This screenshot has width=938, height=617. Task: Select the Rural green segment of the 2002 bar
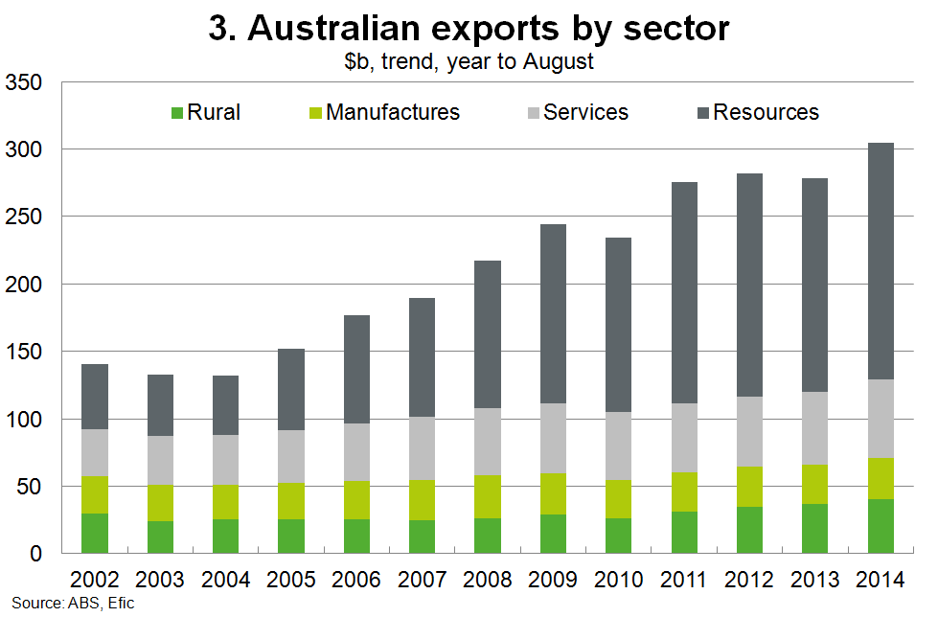click(94, 534)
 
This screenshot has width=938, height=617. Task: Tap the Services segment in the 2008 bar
click(487, 442)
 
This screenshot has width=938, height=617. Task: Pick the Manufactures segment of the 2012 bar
click(749, 487)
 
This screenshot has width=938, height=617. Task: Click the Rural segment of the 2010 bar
click(618, 536)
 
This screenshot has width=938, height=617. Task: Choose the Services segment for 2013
click(814, 428)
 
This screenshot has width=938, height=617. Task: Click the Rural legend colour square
click(175, 113)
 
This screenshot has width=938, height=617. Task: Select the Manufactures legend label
click(393, 112)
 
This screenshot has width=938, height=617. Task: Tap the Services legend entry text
click(585, 112)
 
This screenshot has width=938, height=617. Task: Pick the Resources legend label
click(766, 112)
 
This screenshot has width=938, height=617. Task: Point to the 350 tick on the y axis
click(23, 83)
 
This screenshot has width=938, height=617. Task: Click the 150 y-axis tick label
click(23, 353)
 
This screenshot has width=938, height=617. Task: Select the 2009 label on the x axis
click(553, 579)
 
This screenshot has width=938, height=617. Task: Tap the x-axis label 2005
click(290, 579)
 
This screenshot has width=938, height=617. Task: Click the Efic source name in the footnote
click(120, 605)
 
